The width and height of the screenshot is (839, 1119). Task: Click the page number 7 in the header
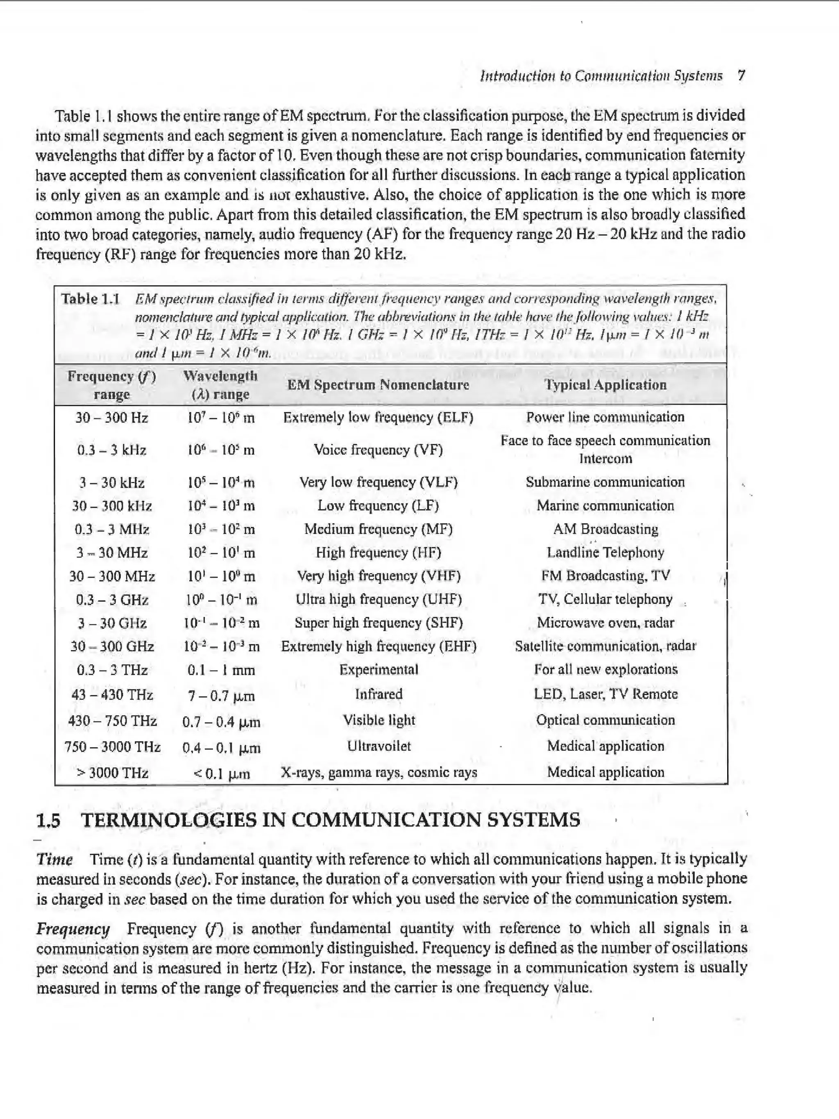click(741, 76)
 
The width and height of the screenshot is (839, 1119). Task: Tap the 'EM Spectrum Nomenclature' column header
click(378, 384)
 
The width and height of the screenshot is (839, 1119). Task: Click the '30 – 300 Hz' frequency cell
click(111, 418)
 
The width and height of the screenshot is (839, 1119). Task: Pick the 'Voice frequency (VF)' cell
click(378, 450)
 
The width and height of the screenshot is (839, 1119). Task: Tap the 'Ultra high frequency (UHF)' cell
click(378, 599)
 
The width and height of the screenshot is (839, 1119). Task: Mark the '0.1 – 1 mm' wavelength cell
click(221, 670)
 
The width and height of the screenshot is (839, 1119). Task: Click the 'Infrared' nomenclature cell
click(378, 694)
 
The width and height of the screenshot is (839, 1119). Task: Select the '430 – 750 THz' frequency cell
click(112, 720)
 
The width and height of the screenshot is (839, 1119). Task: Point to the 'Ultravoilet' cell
click(378, 746)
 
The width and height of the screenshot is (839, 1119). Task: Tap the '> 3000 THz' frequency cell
click(112, 773)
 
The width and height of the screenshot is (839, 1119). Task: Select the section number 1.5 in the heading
click(48, 821)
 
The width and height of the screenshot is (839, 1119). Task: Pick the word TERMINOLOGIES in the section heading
click(169, 820)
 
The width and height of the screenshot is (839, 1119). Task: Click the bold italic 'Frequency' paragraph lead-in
click(73, 929)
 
